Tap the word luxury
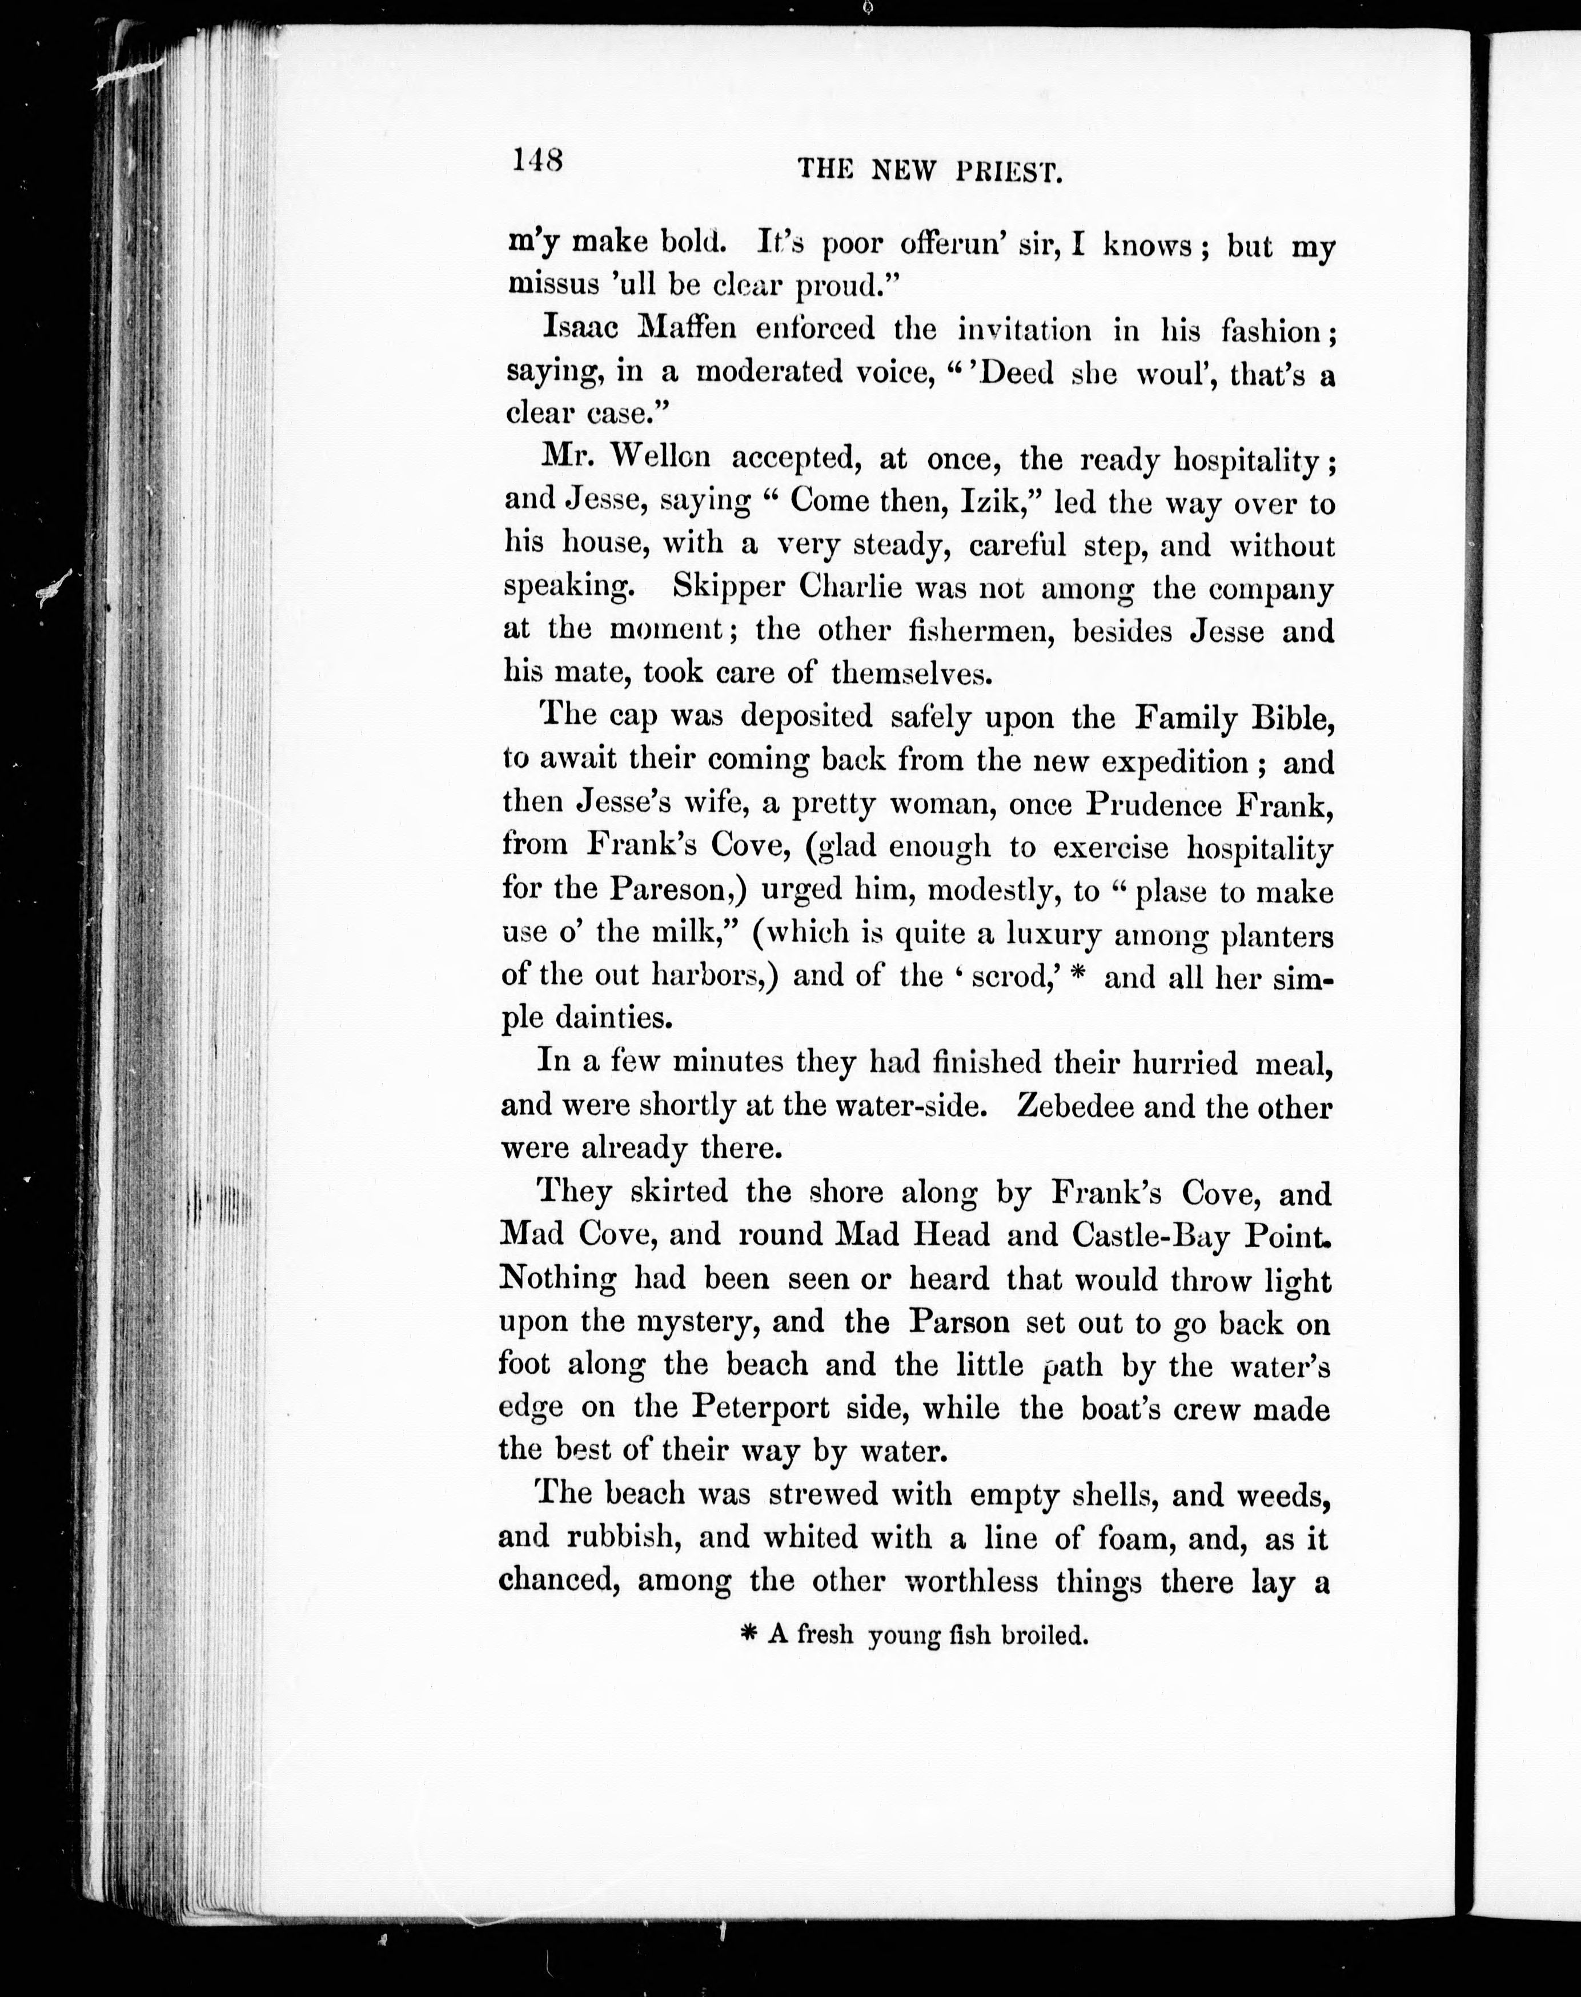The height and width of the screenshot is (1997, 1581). [x=1053, y=934]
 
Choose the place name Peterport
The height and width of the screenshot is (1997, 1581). [x=761, y=1408]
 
